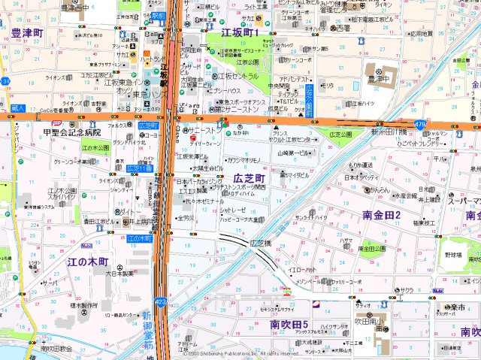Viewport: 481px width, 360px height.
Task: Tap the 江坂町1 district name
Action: tap(240, 33)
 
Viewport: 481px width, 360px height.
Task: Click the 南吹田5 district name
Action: tap(290, 324)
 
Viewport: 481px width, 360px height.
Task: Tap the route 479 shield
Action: tap(419, 123)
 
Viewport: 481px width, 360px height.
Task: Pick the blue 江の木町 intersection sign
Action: tap(139, 238)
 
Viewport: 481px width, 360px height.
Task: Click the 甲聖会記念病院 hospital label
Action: tap(71, 132)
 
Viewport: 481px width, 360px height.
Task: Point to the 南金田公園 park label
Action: tap(371, 247)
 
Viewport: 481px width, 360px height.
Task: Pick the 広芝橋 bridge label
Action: tap(259, 243)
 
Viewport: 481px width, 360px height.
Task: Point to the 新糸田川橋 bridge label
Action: tap(389, 132)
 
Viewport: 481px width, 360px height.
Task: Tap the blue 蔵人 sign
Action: tap(19, 109)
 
